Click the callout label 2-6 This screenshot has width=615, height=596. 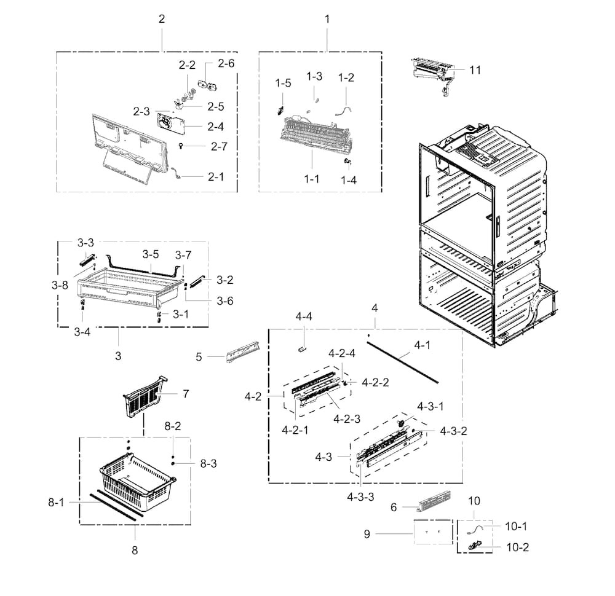click(x=226, y=63)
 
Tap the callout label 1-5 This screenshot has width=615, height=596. click(x=283, y=83)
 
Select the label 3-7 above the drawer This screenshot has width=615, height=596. click(x=183, y=255)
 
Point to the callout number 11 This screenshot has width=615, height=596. click(x=475, y=70)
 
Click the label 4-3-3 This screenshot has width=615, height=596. click(x=360, y=497)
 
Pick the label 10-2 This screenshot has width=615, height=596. click(x=518, y=547)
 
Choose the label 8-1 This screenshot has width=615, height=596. click(x=56, y=502)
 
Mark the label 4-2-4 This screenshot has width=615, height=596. click(x=342, y=353)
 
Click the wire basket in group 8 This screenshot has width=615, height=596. click(x=138, y=482)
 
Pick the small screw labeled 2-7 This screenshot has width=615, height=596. click(x=181, y=146)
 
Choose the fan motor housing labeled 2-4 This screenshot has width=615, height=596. click(x=170, y=124)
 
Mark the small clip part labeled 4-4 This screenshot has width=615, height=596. click(x=301, y=349)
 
